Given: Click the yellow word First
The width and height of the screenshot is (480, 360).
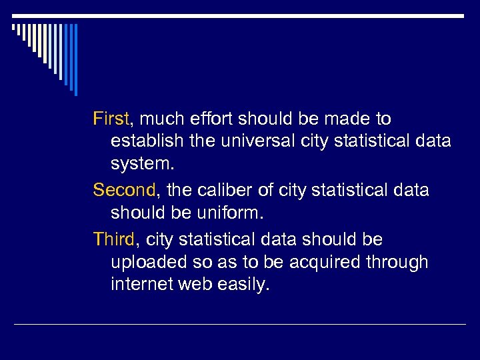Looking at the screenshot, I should [111, 119].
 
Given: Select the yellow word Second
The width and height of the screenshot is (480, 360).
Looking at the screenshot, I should [124, 191].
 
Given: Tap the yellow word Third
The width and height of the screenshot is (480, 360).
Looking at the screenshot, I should [114, 239].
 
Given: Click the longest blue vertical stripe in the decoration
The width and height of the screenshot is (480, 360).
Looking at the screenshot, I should [75, 60].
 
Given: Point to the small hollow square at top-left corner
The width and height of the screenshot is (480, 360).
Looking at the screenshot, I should [13, 27].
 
